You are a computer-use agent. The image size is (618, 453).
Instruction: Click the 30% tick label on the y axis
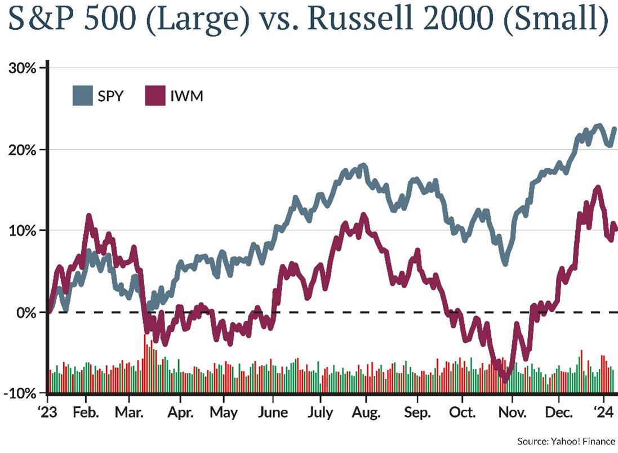tap(22, 68)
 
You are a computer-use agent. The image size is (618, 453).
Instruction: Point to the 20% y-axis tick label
tap(22, 150)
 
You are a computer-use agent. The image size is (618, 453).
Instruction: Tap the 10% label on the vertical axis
tap(22, 231)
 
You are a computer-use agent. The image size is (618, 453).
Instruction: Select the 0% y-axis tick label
tap(26, 312)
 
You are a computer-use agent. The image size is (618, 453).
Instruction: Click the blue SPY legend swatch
tap(83, 96)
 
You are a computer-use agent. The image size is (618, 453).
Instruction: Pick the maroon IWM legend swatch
tap(155, 96)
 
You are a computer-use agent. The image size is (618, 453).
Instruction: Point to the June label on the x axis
tap(272, 412)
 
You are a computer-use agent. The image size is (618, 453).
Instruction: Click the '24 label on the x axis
tap(603, 412)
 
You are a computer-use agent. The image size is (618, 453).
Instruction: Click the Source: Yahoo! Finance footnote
tap(566, 441)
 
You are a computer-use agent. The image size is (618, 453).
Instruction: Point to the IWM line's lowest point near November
tap(505, 380)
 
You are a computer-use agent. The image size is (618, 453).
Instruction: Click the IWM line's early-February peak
tap(88, 216)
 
